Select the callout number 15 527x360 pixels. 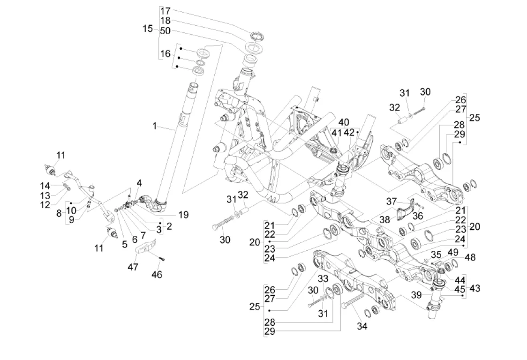tap(148, 29)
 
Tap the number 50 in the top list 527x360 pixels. tap(165, 31)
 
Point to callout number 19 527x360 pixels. tap(183, 215)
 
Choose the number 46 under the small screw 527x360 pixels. tap(157, 275)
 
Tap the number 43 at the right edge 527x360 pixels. tap(474, 288)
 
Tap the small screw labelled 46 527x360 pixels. tap(162, 258)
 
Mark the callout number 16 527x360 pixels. tap(165, 54)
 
